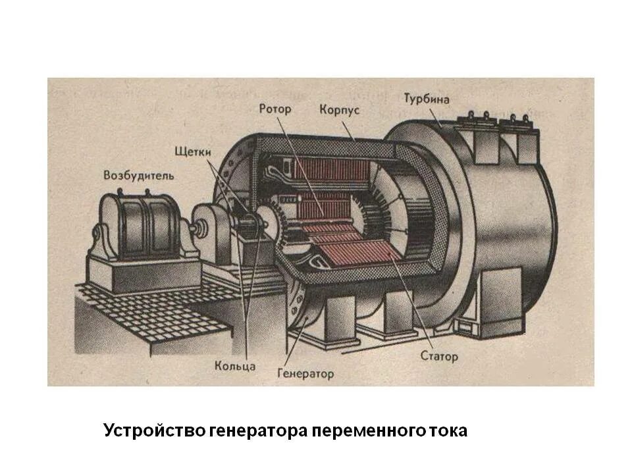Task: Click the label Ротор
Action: (275, 109)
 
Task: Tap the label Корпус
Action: (339, 109)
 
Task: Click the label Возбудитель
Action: (139, 176)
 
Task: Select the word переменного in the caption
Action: (367, 431)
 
